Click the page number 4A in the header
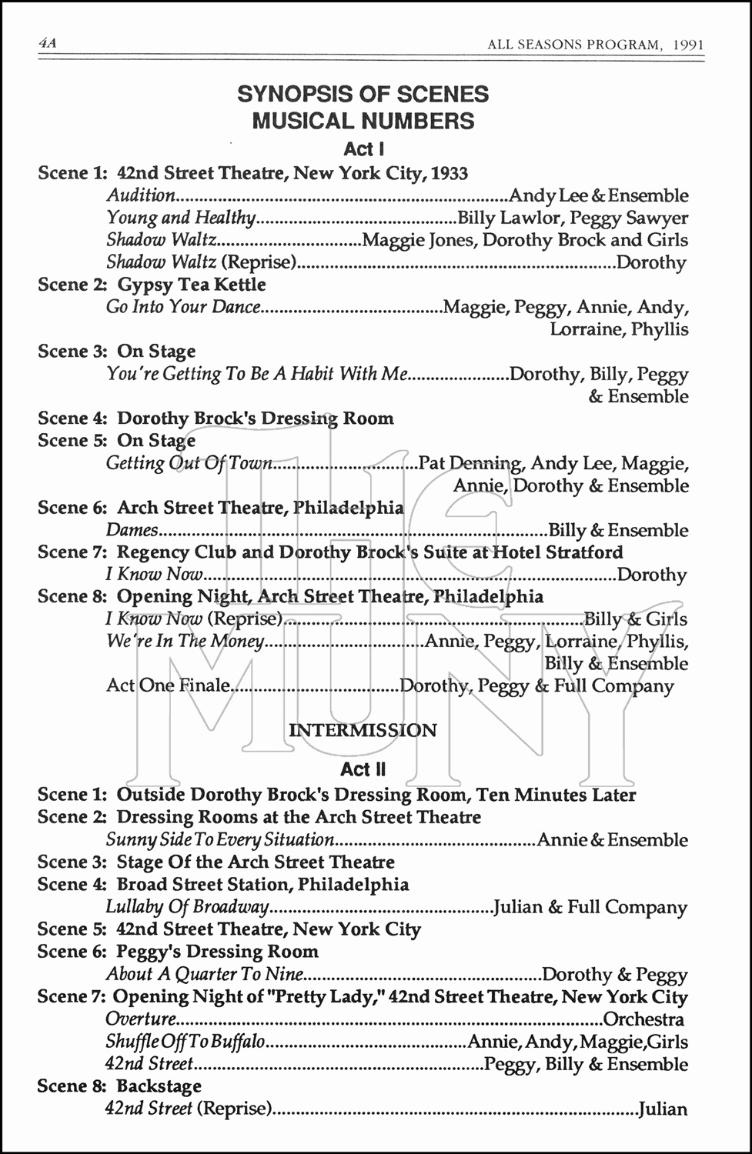point(48,44)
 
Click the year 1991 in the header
point(687,45)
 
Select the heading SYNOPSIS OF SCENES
point(363,95)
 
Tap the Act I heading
point(363,148)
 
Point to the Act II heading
point(363,769)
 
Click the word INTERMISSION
point(363,730)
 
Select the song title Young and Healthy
point(181,218)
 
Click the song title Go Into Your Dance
point(183,308)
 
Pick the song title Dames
point(132,531)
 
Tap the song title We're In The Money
point(185,642)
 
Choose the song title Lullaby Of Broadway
point(187,908)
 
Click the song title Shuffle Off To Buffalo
point(185,1042)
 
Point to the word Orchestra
point(643,1020)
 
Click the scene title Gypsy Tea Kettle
point(191,285)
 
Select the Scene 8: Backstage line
point(119,1086)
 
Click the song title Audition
point(141,196)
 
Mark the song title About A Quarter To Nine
point(204,975)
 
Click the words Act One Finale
point(168,686)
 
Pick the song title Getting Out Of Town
point(189,464)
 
